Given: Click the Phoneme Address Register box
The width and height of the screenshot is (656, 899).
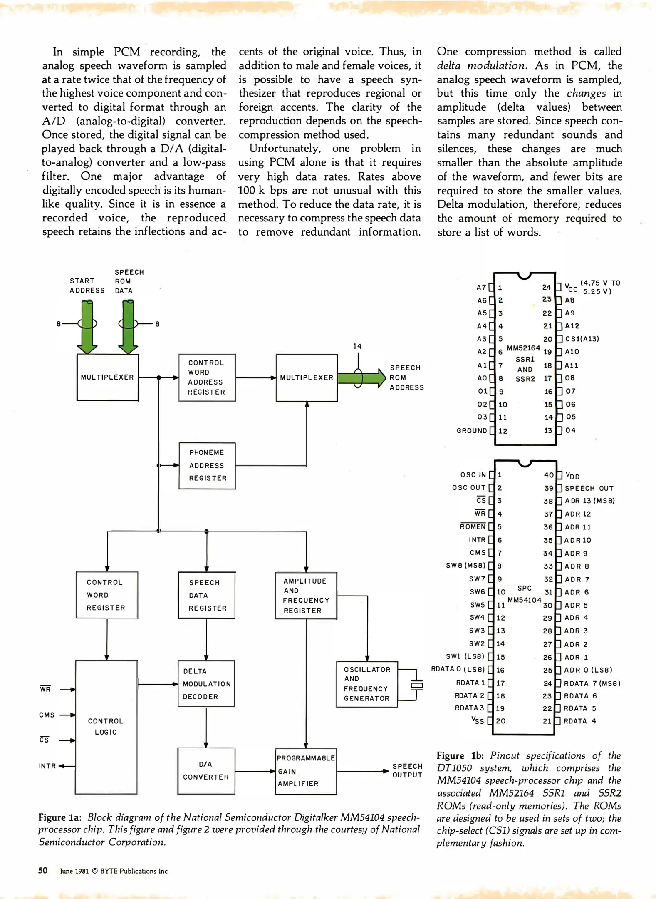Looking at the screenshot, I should tap(207, 466).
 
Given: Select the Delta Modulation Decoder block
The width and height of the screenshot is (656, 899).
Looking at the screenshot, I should tap(206, 684).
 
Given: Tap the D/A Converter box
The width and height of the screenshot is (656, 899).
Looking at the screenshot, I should tap(206, 771).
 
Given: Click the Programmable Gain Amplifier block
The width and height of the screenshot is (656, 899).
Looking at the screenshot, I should tap(305, 771).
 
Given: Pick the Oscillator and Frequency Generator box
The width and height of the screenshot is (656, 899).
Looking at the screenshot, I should tap(367, 684).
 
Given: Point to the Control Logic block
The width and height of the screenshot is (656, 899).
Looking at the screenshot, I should tap(106, 727).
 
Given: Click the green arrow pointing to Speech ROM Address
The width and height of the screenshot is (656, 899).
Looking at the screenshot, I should tap(361, 378).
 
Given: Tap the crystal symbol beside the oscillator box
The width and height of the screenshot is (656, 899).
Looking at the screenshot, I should tap(416, 685).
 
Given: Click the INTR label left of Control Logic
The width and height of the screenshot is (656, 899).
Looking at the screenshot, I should tap(47, 766).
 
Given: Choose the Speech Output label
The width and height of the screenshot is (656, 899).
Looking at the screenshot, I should tap(407, 770).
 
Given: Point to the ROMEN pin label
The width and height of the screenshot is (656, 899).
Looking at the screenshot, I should tap(473, 526).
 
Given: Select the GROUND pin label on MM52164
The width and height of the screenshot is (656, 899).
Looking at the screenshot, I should tap(472, 431).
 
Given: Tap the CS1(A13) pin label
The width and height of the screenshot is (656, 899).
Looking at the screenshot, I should tap(582, 339).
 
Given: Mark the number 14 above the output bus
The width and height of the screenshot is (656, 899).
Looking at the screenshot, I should tap(357, 346).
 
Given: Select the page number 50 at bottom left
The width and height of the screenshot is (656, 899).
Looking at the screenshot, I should tap(43, 870).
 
